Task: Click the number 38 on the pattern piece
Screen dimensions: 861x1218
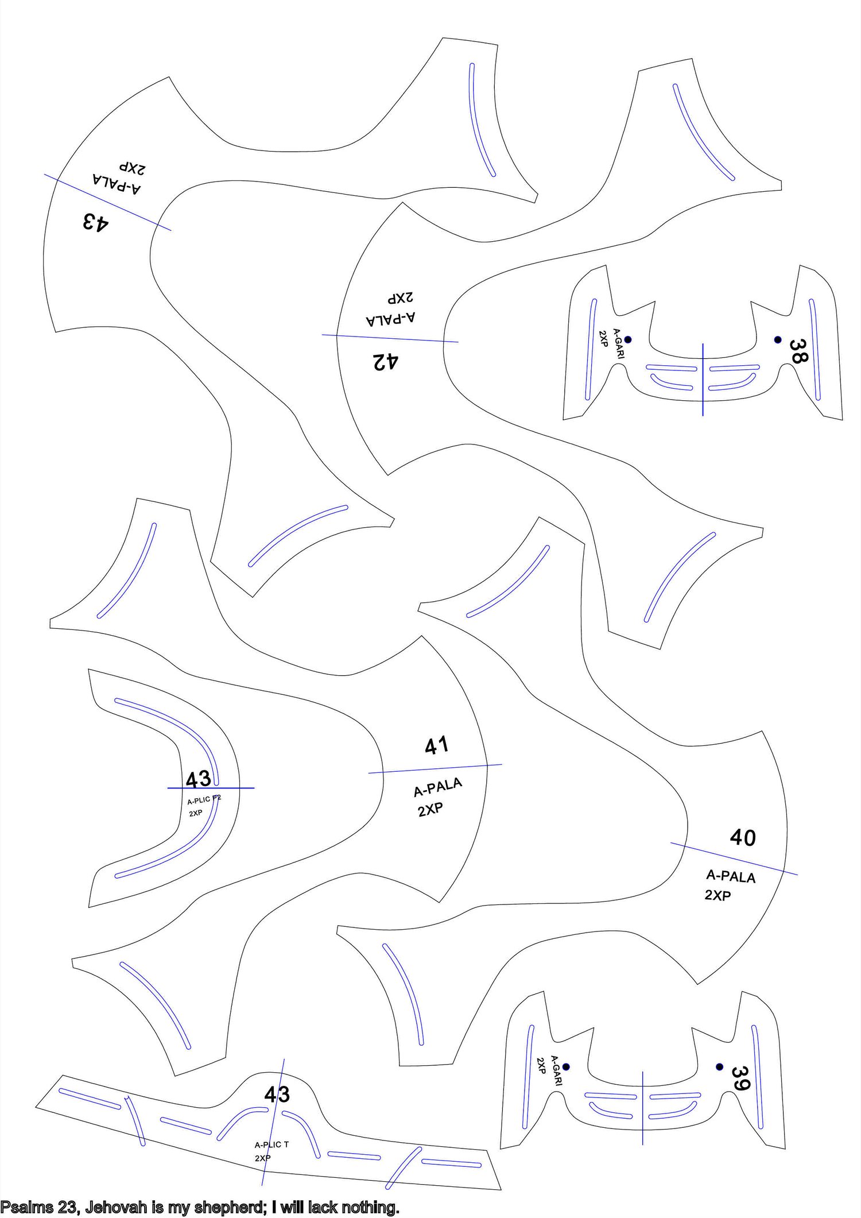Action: pos(798,351)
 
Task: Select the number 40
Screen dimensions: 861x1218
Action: pos(743,838)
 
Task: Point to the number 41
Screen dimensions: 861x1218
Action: pos(437,746)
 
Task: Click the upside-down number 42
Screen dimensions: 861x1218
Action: pos(386,362)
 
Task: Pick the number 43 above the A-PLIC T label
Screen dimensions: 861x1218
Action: pos(277,1095)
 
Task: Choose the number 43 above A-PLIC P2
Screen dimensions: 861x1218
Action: pos(198,779)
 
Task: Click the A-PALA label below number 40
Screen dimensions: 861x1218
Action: pos(731,876)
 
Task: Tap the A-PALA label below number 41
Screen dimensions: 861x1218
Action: pos(438,787)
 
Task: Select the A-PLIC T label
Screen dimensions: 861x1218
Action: pos(272,1144)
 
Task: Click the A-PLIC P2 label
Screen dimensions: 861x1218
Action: pos(204,799)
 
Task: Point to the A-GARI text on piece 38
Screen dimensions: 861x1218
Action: pos(618,343)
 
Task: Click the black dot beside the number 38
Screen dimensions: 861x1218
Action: pos(778,339)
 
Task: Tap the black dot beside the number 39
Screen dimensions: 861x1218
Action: pos(719,1066)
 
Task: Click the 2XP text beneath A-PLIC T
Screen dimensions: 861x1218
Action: pos(263,1158)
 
